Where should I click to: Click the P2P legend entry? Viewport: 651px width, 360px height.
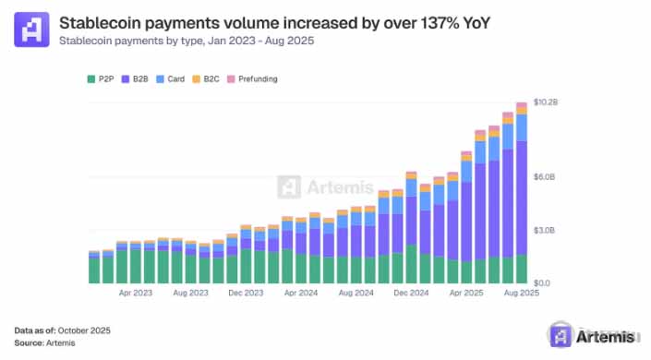click(101, 78)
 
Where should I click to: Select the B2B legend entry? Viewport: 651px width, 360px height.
click(135, 78)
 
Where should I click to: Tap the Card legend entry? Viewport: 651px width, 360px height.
click(170, 78)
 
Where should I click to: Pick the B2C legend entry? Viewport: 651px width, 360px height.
click(206, 78)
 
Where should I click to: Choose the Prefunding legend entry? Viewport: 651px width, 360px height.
click(252, 78)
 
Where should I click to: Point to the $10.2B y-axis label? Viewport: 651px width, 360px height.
click(546, 102)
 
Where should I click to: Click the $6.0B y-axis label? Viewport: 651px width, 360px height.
click(544, 177)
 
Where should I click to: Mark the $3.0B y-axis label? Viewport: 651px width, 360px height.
click(544, 231)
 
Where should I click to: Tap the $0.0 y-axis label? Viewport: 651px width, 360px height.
click(542, 283)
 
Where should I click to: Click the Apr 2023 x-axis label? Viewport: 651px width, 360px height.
click(136, 293)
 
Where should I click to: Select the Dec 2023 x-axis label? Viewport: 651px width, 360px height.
click(246, 293)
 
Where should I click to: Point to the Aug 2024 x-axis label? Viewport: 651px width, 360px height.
click(356, 293)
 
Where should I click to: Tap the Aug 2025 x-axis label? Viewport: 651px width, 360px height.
click(522, 293)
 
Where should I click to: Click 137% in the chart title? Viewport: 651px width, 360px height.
click(440, 23)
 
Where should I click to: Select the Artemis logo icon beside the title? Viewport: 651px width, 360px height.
click(31, 29)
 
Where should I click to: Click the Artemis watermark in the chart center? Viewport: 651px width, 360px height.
click(325, 186)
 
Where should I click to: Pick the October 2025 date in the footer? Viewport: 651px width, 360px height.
click(84, 330)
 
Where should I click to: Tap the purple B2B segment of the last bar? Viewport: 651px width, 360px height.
click(522, 198)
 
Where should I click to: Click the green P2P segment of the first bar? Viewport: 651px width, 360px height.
click(94, 270)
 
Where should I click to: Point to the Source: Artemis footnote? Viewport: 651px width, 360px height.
click(45, 343)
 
